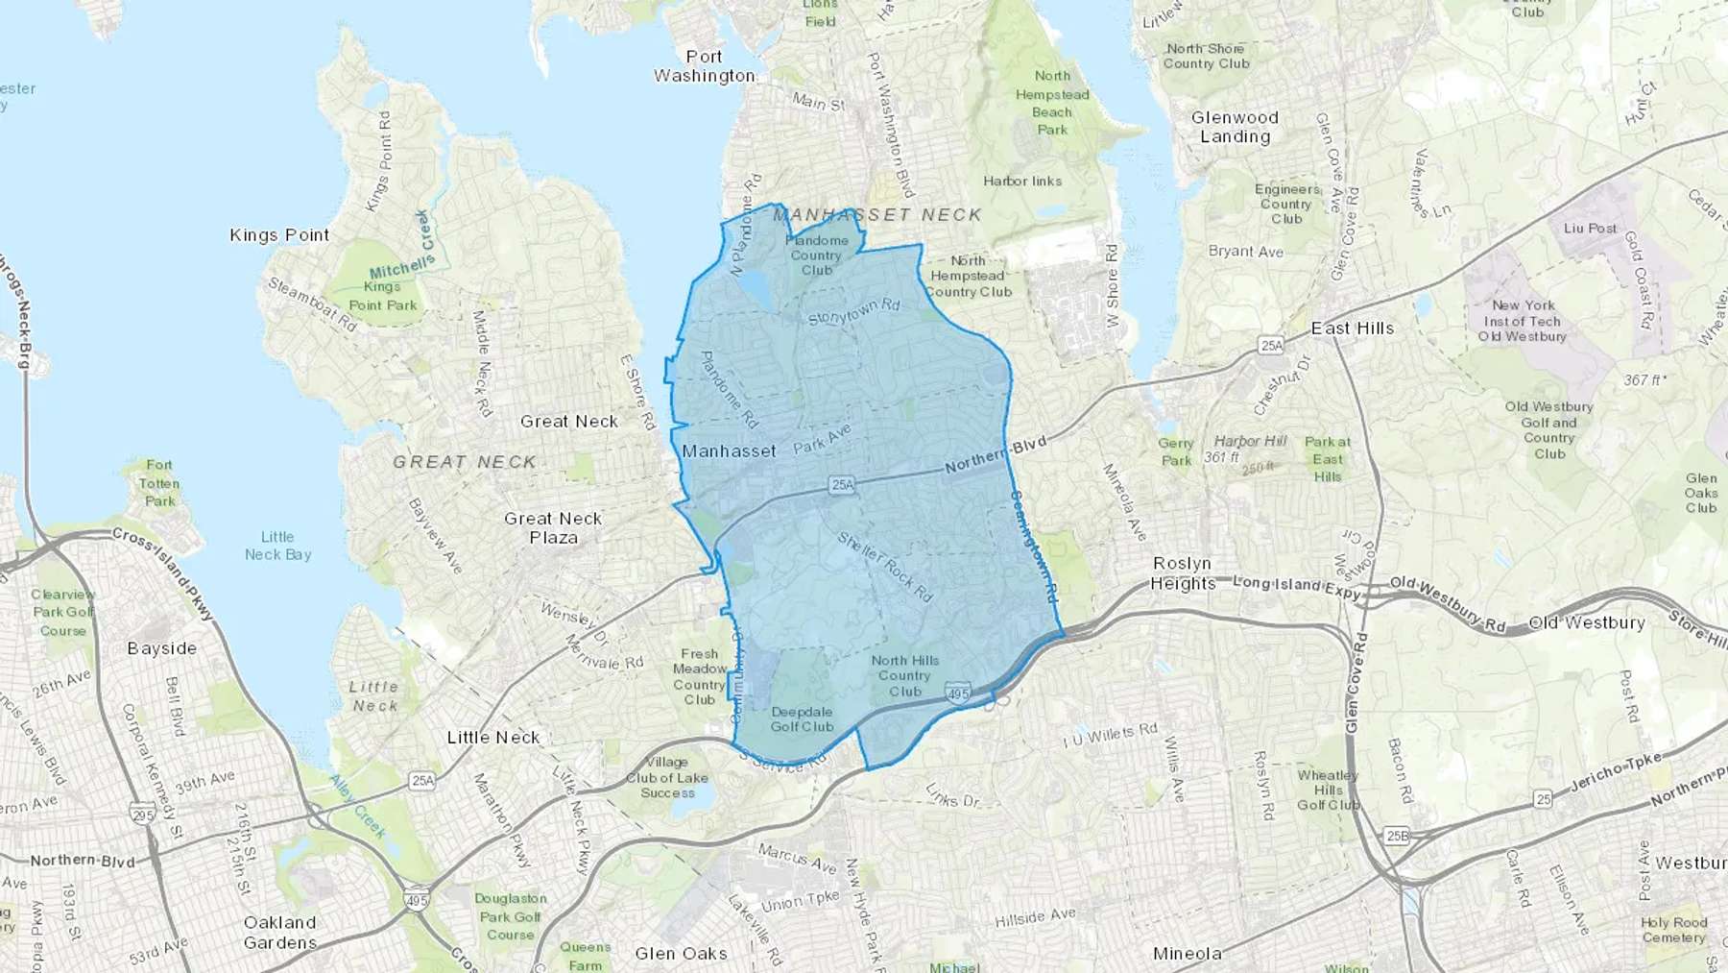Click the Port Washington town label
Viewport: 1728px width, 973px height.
(x=704, y=66)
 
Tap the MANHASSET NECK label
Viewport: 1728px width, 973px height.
(x=877, y=215)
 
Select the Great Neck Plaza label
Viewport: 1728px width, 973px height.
(x=554, y=527)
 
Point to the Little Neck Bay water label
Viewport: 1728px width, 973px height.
(x=277, y=546)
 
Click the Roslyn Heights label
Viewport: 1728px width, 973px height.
(x=1183, y=573)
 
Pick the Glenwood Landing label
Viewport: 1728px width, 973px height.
(x=1235, y=127)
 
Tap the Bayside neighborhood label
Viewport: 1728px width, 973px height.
(x=161, y=648)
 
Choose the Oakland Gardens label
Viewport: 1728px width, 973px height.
(x=279, y=932)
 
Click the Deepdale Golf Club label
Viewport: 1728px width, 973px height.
(x=802, y=719)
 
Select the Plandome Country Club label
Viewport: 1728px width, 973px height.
(x=817, y=255)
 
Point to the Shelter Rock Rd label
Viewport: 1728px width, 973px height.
(x=884, y=567)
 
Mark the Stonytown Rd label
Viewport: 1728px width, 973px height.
(x=853, y=312)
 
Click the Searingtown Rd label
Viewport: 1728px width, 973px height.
(x=1033, y=547)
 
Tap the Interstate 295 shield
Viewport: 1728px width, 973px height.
(x=142, y=815)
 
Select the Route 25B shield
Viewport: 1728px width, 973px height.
(x=1397, y=836)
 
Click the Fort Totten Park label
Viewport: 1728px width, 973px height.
(x=159, y=483)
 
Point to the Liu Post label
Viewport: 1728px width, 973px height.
(x=1590, y=229)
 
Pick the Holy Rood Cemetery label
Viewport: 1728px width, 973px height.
(x=1673, y=930)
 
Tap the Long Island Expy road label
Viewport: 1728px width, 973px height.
(x=1296, y=587)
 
